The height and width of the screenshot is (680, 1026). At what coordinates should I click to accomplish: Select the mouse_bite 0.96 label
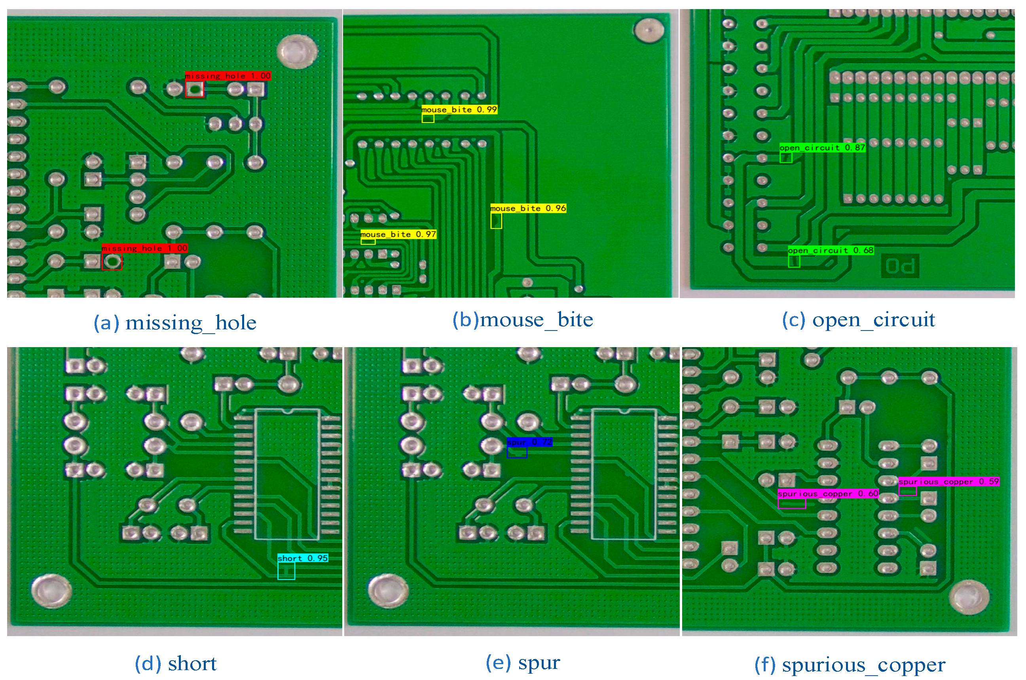[x=528, y=208]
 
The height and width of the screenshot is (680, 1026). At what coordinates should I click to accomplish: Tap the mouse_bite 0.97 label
[x=398, y=234]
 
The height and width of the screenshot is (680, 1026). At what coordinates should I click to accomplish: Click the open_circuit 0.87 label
[x=822, y=147]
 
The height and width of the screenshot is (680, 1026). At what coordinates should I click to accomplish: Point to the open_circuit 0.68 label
[x=830, y=250]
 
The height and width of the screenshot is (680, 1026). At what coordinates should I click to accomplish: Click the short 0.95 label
[x=303, y=558]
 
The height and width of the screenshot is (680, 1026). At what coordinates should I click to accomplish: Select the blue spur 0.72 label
[x=529, y=442]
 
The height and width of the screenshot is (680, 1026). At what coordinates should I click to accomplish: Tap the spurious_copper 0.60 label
[x=828, y=493]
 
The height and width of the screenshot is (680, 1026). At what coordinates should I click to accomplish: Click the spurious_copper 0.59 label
[x=948, y=482]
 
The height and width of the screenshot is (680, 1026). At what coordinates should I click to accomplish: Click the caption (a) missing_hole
[x=175, y=323]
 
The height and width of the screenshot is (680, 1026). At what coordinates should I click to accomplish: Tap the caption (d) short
[x=175, y=663]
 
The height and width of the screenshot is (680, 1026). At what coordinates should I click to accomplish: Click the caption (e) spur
[x=523, y=663]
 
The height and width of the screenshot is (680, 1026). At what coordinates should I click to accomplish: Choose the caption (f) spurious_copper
[x=850, y=665]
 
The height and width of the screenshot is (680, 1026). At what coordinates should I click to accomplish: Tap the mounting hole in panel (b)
[x=649, y=30]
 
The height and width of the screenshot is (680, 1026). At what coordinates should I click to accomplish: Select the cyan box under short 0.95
[x=286, y=571]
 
